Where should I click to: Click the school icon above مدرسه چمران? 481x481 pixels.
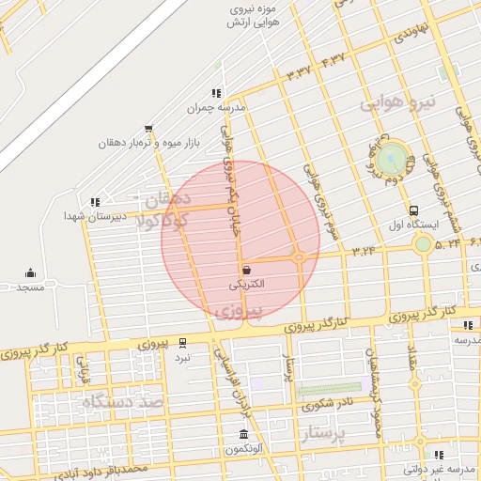tap(217, 93)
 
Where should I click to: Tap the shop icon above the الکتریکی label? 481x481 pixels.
tap(245, 270)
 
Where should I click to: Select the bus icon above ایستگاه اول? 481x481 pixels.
tap(413, 210)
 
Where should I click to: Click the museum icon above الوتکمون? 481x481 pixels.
tap(244, 435)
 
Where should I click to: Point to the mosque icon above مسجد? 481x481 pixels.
tap(30, 272)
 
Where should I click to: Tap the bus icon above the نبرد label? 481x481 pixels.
tap(182, 343)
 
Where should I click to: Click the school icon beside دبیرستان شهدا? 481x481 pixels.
tap(93, 201)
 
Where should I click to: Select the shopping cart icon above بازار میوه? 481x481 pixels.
tap(148, 129)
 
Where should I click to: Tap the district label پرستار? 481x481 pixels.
tap(325, 433)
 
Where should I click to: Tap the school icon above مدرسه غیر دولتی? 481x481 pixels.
tap(439, 455)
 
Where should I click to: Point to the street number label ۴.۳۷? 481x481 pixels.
tap(333, 61)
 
